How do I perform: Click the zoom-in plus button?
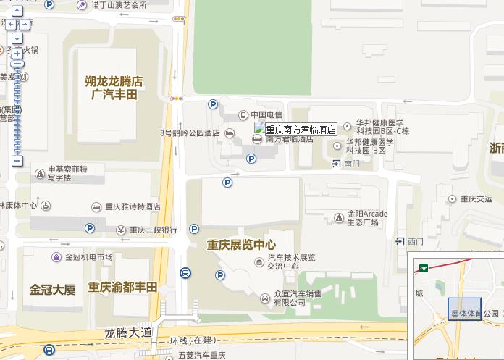pos(17,53)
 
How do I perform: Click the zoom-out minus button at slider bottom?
pos(17,161)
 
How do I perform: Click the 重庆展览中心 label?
pos(241,245)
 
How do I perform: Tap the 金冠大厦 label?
pos(52,290)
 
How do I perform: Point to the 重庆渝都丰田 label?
pos(122,288)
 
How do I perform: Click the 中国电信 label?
pos(266,114)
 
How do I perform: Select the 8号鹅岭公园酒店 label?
pos(190,133)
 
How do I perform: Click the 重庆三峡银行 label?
pos(153,230)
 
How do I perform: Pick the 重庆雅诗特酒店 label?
pos(131,207)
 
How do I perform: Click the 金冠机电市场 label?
pos(88,256)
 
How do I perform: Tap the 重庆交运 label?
pos(475,198)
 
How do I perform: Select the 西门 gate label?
pos(415,241)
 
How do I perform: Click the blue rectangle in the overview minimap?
pos(465,309)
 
